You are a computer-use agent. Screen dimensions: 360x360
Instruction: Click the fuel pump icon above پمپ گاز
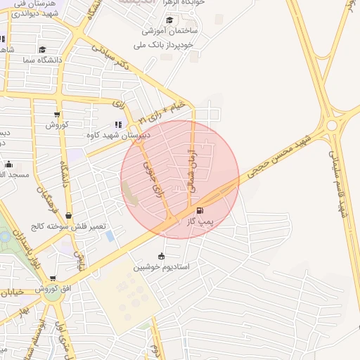click(200, 211)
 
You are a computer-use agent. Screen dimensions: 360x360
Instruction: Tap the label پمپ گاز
click(200, 221)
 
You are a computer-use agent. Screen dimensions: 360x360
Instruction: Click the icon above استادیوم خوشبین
click(162, 257)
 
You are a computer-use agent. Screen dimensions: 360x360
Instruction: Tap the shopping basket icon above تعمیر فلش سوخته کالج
click(68, 216)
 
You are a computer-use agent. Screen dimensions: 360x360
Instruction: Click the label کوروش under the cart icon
click(56, 124)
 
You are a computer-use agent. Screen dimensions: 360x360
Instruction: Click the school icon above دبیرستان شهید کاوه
click(117, 124)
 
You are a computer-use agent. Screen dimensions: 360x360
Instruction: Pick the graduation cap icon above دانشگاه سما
click(42, 50)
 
